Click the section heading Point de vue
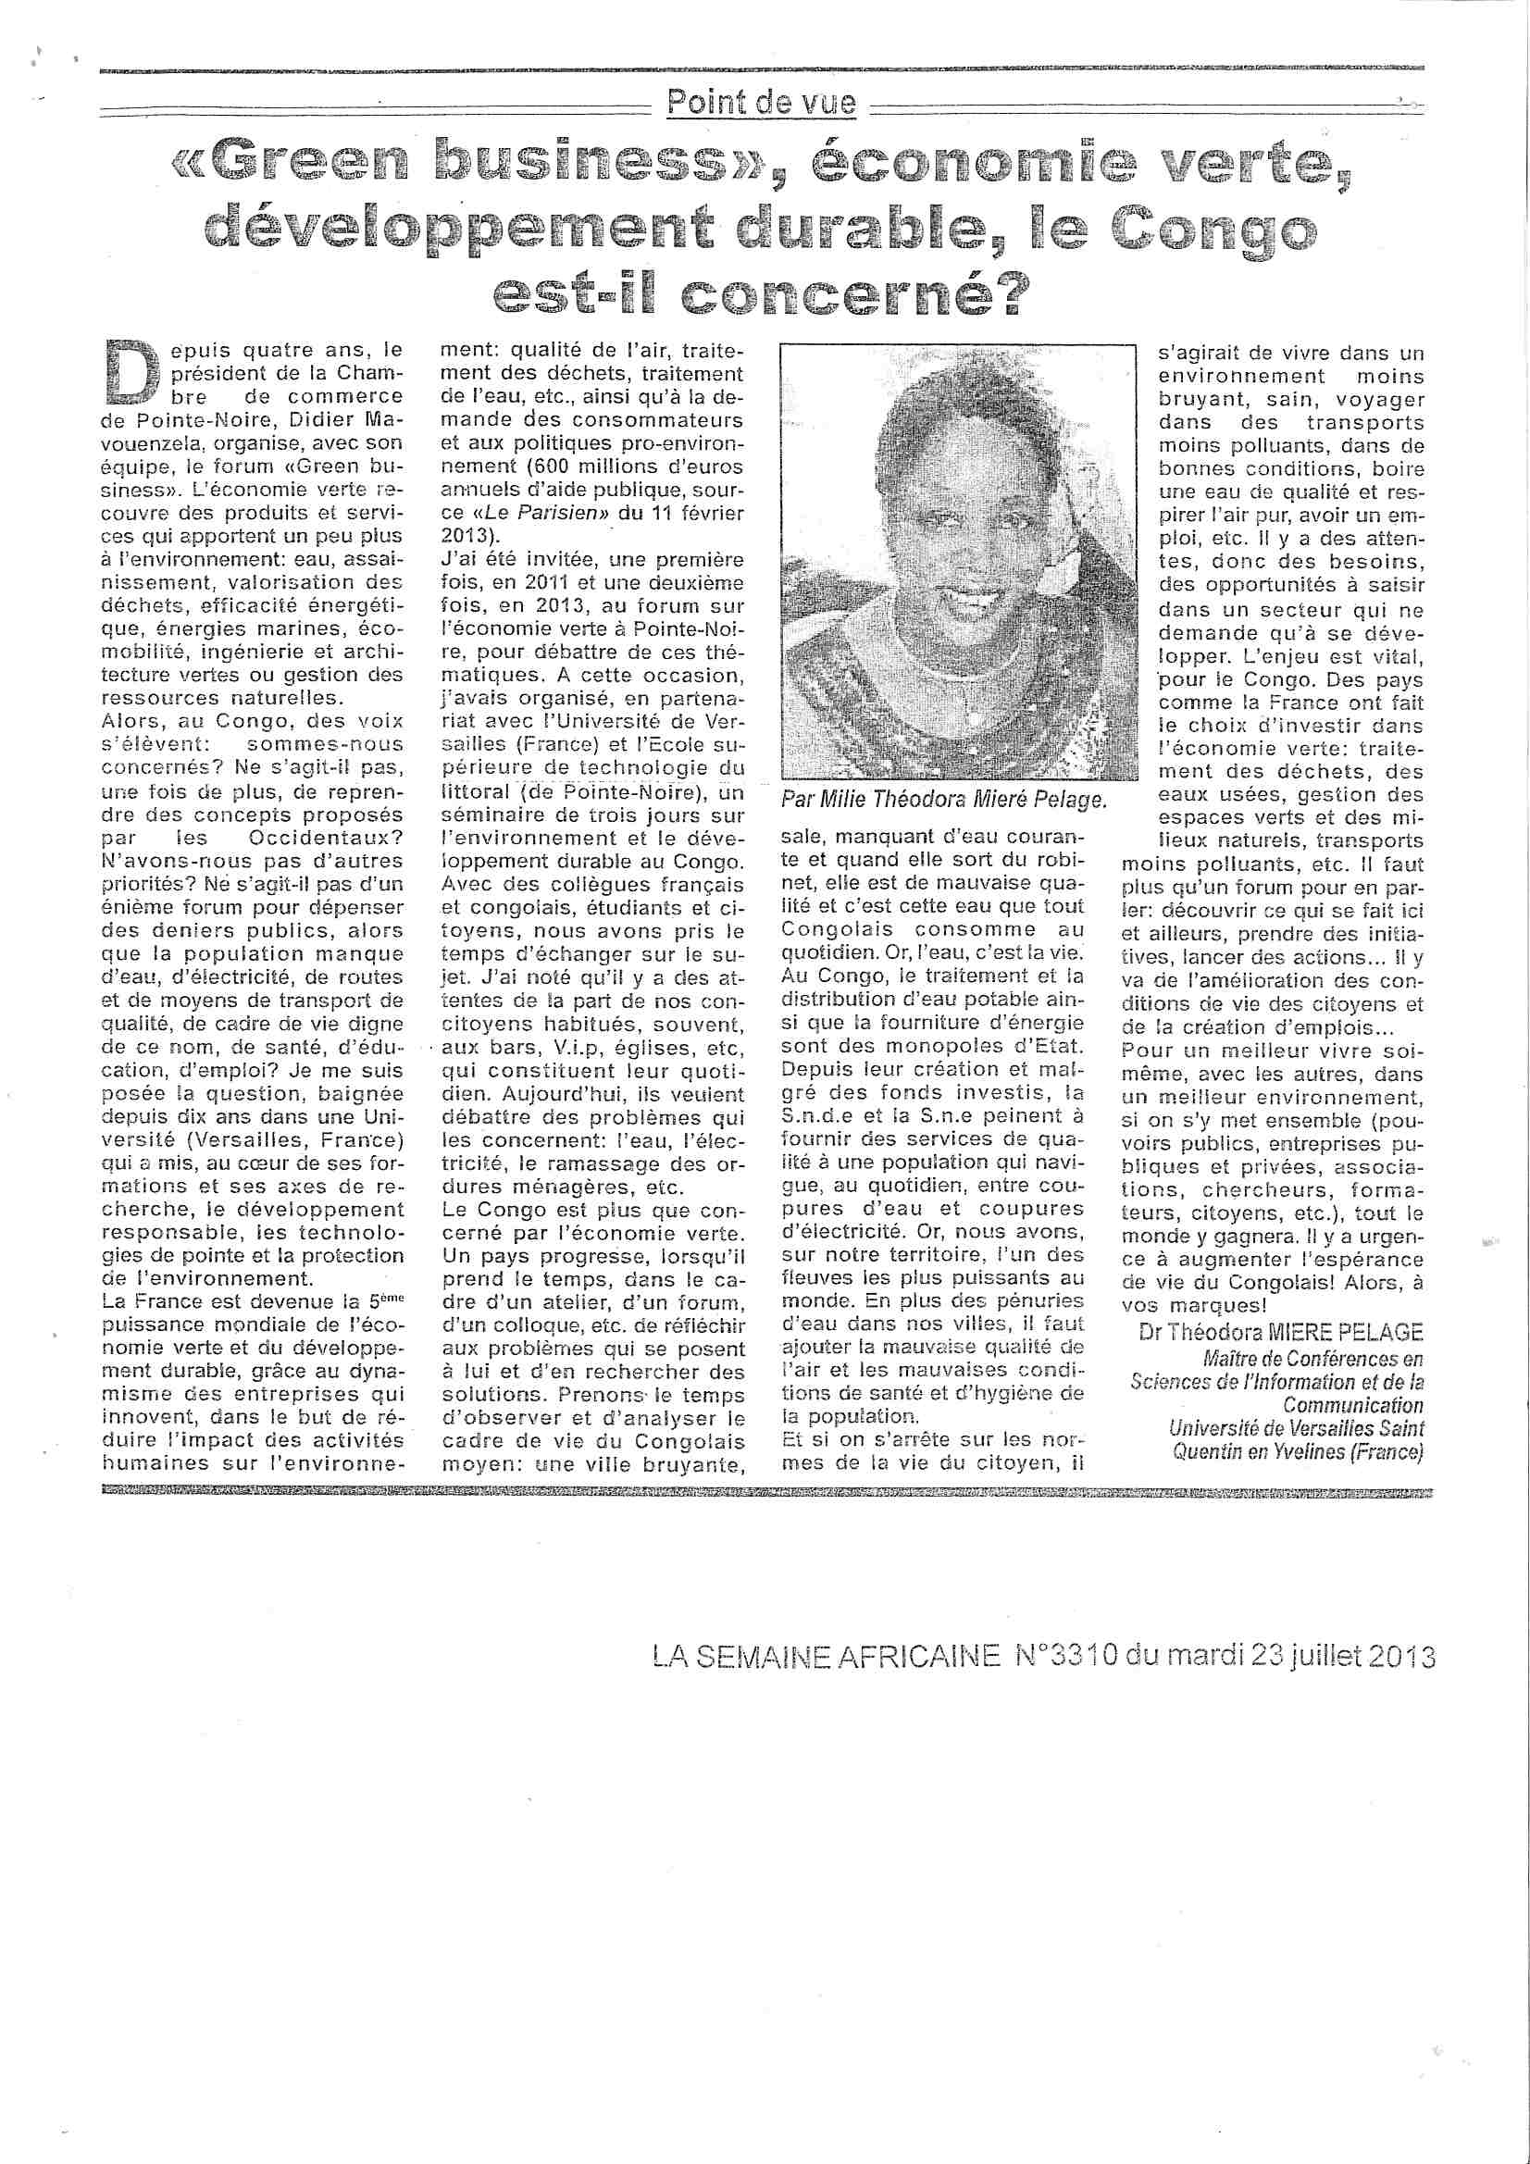[762, 102]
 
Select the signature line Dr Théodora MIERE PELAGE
[1281, 1332]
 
